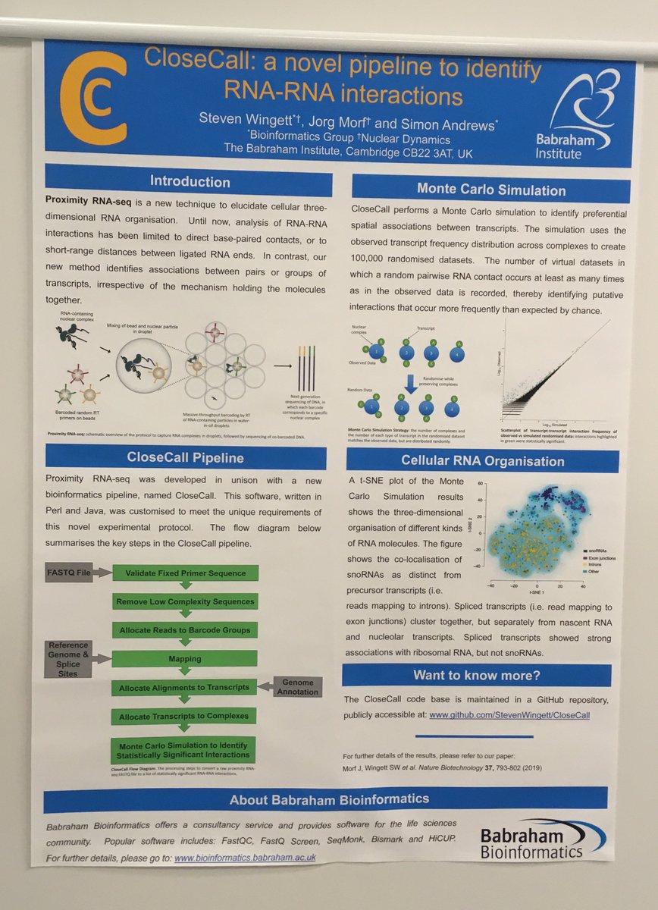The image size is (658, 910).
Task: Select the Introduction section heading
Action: tap(190, 182)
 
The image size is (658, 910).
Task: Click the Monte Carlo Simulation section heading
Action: tap(491, 190)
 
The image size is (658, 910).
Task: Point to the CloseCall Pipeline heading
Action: tap(185, 457)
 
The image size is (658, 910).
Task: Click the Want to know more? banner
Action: tap(475, 675)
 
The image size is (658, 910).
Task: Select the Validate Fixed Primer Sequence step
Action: tap(185, 573)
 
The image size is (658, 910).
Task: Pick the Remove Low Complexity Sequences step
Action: tap(185, 602)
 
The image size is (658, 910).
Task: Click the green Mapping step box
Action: tap(185, 659)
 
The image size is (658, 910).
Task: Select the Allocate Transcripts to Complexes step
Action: tap(185, 716)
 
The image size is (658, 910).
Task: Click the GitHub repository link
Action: tap(509, 714)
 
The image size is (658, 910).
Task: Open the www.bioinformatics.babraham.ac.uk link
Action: tap(244, 857)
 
